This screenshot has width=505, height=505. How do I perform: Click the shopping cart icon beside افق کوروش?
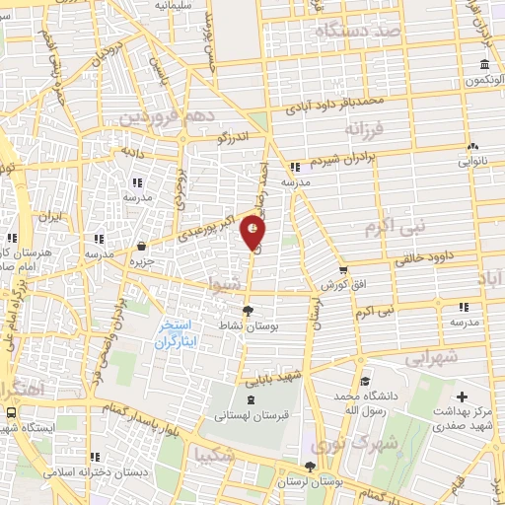point(342,269)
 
